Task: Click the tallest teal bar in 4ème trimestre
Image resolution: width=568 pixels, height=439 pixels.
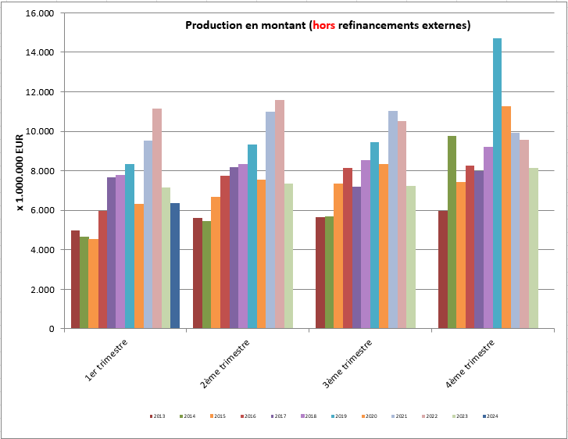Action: [x=497, y=184]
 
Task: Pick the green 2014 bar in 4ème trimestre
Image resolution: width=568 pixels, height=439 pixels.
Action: [x=452, y=232]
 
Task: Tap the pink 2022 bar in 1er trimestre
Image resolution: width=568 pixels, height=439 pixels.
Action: [x=157, y=219]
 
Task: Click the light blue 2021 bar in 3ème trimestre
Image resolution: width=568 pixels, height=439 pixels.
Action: [x=393, y=219]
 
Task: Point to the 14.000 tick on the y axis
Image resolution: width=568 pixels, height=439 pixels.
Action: [x=39, y=52]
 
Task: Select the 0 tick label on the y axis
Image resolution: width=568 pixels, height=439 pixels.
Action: [x=51, y=329]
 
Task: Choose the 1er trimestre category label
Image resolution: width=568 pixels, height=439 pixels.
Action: [x=107, y=360]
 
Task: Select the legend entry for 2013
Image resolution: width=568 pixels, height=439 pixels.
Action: [x=159, y=416]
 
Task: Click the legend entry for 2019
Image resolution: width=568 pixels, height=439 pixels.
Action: [x=339, y=416]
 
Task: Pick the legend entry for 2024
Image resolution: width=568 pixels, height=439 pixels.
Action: [x=490, y=416]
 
